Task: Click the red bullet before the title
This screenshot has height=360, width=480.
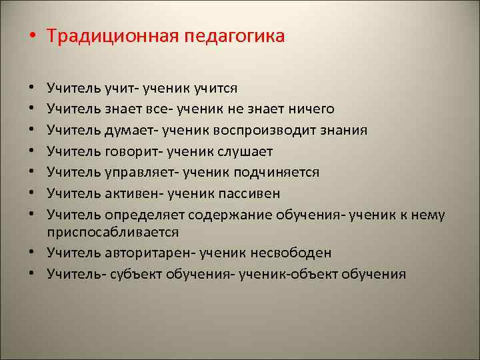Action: click(x=33, y=36)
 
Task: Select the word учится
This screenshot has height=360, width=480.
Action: click(x=216, y=87)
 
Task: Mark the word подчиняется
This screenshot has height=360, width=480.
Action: click(x=279, y=173)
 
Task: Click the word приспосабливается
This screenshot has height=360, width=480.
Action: click(x=112, y=231)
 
